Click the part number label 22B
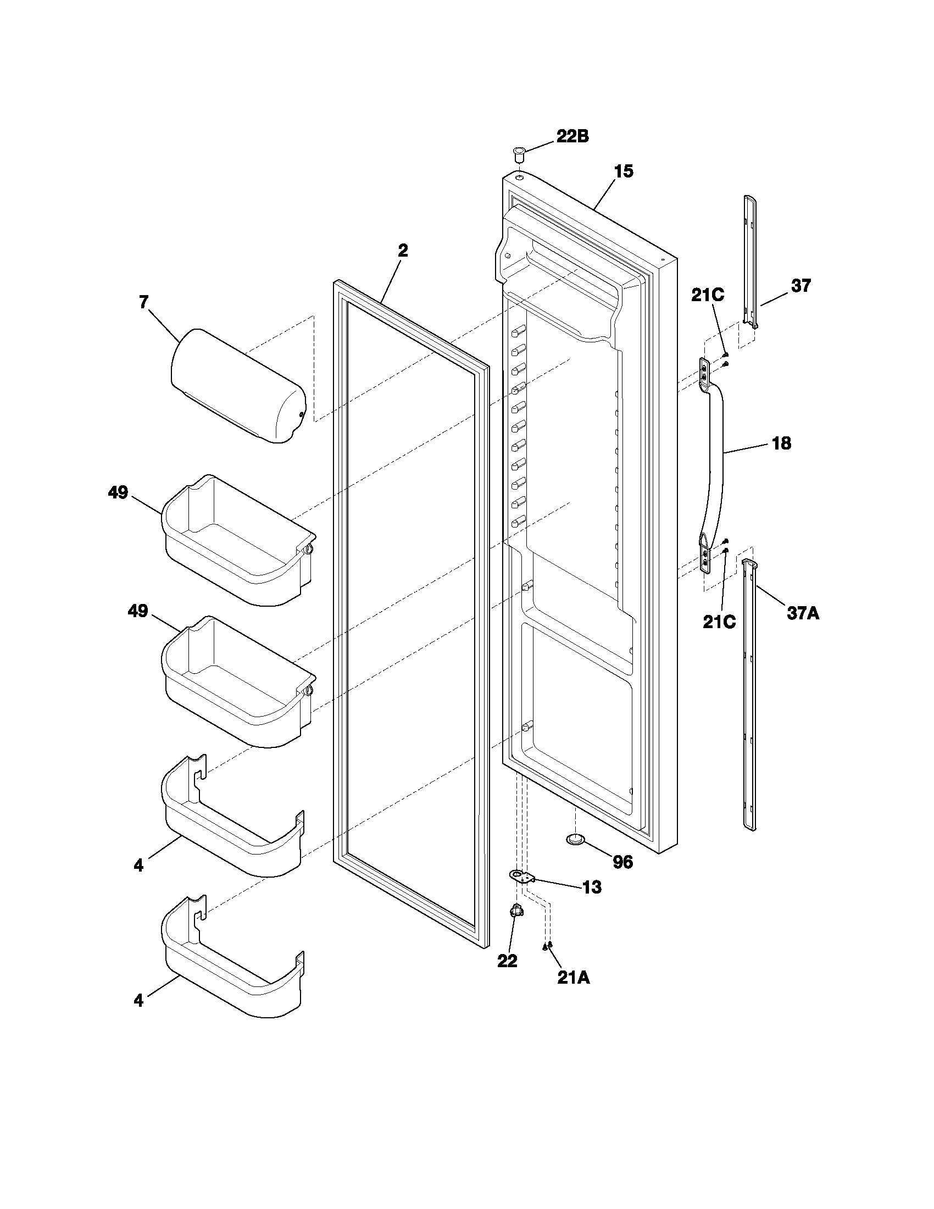572,137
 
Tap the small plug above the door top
520,153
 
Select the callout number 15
623,171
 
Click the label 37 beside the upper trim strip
800,286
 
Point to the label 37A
803,613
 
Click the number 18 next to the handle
781,443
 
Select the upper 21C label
707,296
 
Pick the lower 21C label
719,622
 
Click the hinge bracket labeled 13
521,877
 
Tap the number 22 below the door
507,961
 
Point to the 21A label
573,978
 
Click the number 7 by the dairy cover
143,302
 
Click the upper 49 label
118,492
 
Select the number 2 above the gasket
403,251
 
